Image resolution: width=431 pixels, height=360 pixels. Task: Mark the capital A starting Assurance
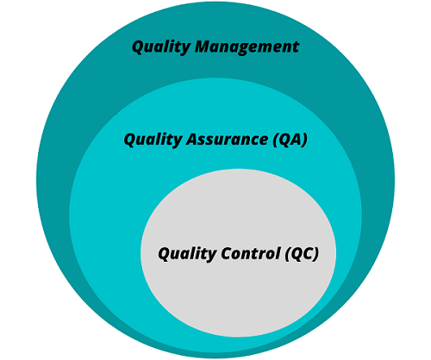[191, 139]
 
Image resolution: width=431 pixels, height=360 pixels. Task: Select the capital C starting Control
[222, 254]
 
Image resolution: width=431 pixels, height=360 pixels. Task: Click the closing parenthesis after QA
[304, 140]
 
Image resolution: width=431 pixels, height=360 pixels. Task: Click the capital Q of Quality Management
[138, 47]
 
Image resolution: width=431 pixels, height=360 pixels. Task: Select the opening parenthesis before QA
[275, 140]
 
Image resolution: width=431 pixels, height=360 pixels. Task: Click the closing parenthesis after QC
[316, 255]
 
